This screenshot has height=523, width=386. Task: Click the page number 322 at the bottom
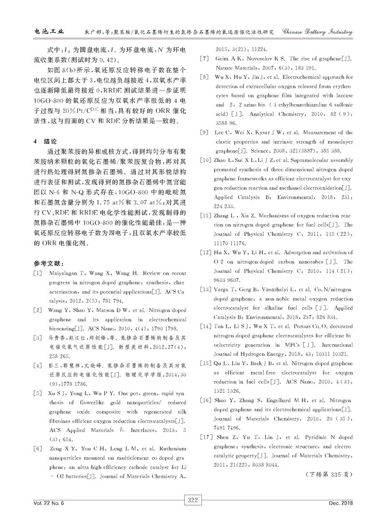(x=193, y=503)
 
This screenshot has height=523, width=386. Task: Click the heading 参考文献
(x=48, y=264)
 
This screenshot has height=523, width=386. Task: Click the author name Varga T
(x=225, y=289)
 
